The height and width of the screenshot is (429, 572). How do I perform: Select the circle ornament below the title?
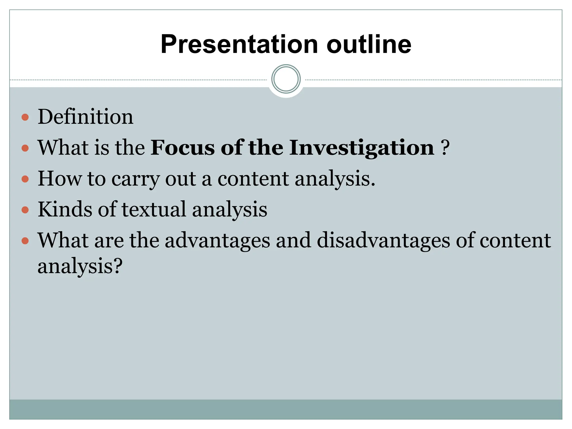[286, 79]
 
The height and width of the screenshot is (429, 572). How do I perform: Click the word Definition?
[85, 117]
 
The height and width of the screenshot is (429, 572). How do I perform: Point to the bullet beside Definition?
[25, 117]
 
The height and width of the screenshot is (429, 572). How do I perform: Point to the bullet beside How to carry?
[25, 179]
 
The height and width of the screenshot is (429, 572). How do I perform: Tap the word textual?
[154, 209]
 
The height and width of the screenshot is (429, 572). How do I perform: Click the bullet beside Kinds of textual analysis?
[25, 209]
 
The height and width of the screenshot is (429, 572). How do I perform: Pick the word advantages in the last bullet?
[217, 240]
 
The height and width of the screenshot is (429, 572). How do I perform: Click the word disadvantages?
[383, 240]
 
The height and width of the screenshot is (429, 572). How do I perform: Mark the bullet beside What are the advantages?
[25, 240]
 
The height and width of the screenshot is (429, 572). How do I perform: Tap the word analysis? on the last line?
[80, 266]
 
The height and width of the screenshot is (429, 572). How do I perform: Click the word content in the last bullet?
[515, 240]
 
